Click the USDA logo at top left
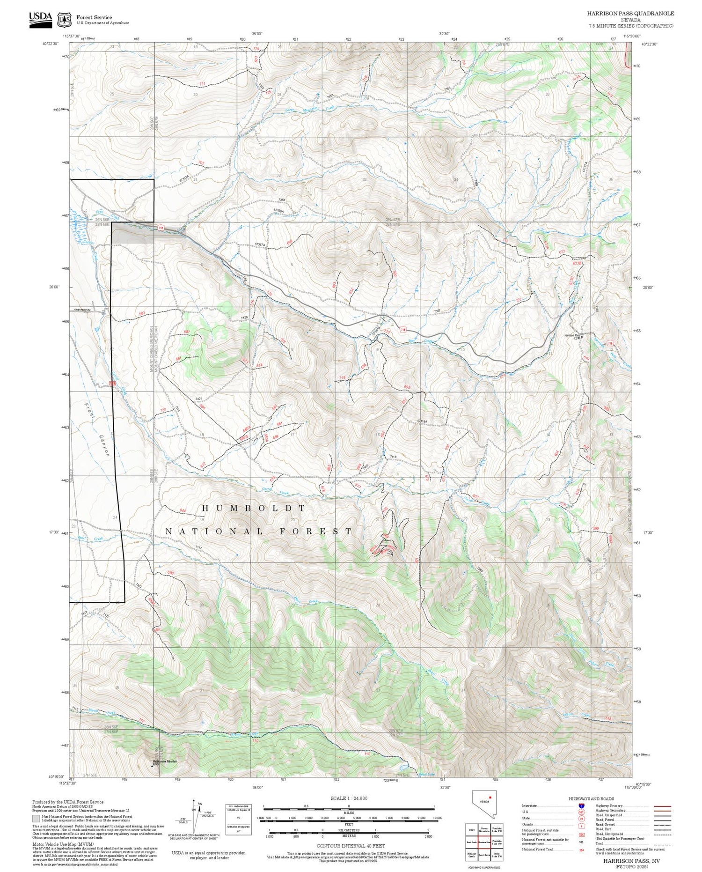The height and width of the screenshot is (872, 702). point(40,19)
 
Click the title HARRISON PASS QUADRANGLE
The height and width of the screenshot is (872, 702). point(630,14)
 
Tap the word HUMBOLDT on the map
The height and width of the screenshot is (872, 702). point(254,508)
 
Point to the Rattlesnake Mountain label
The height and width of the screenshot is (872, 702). point(165,761)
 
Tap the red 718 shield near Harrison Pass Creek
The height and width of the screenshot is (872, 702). point(610,344)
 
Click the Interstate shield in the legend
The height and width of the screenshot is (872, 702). point(581,805)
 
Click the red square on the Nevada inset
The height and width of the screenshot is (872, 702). point(490,796)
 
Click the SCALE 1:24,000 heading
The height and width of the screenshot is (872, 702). point(349,798)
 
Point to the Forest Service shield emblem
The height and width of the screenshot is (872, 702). point(64,20)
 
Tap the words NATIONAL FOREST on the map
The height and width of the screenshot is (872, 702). point(259,532)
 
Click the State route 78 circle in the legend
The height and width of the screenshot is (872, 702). point(581,819)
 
